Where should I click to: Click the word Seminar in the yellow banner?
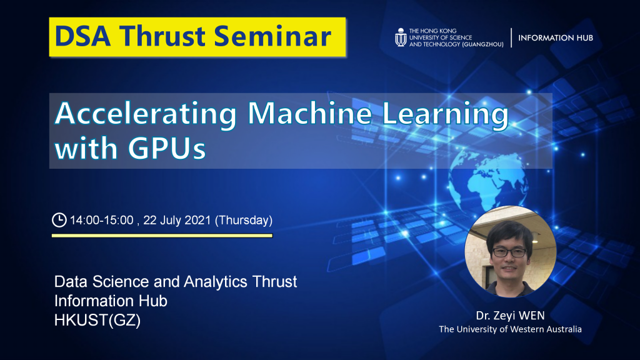(x=272, y=36)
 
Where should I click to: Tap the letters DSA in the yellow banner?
(x=82, y=36)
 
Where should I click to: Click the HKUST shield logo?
(x=401, y=37)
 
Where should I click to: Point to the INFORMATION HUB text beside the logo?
(x=556, y=38)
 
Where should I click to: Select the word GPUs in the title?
(x=167, y=147)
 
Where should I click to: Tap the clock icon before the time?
(x=59, y=219)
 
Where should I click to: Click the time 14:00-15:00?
(x=102, y=221)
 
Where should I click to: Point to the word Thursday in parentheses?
(x=244, y=221)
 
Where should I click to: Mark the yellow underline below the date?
(x=162, y=236)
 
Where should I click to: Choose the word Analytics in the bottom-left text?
(x=216, y=282)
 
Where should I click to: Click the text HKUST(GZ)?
(x=97, y=321)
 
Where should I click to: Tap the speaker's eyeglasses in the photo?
(x=509, y=252)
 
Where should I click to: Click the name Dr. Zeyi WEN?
(x=510, y=316)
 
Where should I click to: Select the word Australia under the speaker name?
(x=562, y=329)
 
